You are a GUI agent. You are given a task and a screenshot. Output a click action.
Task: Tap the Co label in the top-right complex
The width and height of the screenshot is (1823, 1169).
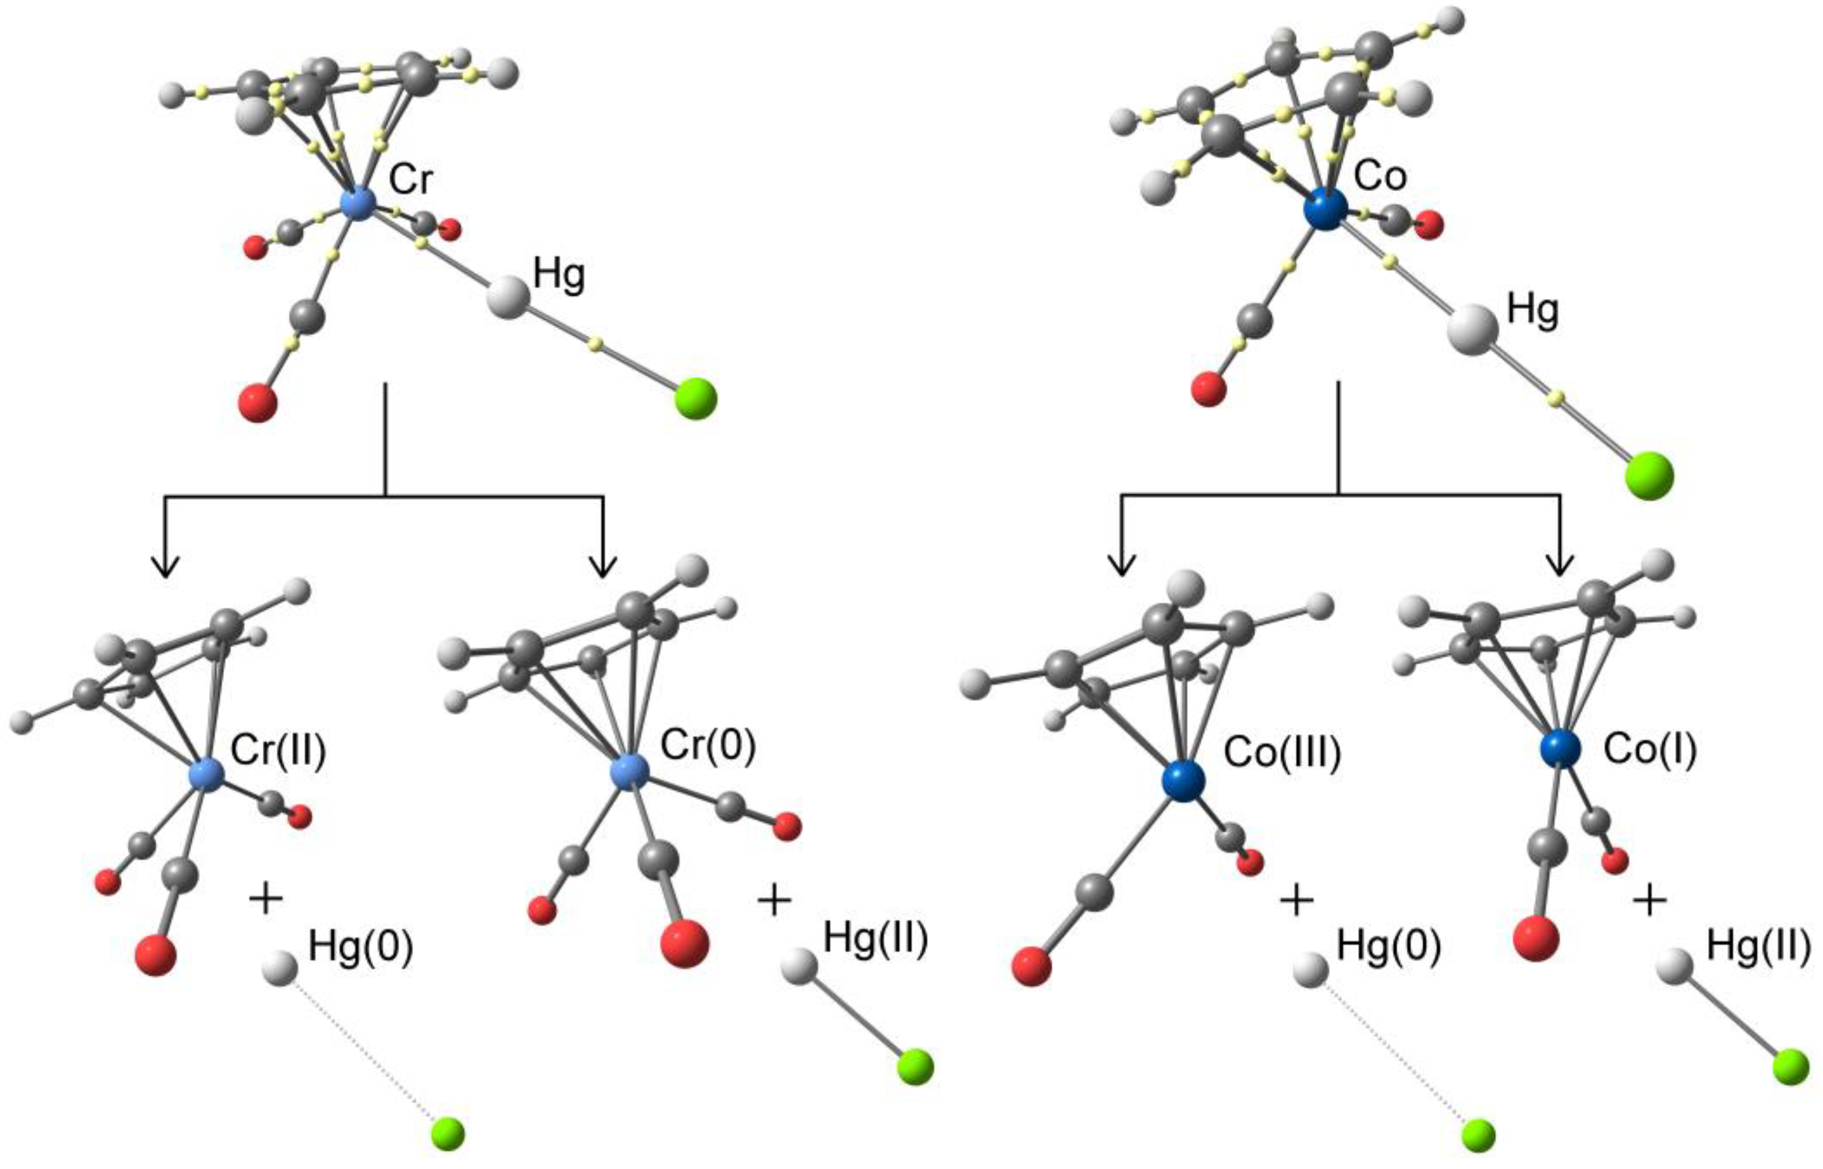tap(1380, 176)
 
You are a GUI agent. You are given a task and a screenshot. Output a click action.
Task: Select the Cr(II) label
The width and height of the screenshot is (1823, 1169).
tap(278, 751)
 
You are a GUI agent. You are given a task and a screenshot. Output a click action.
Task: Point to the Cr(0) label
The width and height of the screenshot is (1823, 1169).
tap(707, 746)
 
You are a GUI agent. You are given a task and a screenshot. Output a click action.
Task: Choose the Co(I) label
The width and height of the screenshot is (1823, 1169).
tap(1649, 750)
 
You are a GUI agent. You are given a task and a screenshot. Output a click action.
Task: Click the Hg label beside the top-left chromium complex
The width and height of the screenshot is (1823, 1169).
tap(560, 275)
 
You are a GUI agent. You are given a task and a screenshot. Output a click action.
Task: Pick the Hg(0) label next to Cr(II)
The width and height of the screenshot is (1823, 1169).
tap(360, 949)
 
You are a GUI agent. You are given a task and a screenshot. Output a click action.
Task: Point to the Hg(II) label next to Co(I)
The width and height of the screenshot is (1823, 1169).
tap(1758, 947)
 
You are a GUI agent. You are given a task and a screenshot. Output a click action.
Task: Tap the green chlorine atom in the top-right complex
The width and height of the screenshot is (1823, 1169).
tap(1649, 476)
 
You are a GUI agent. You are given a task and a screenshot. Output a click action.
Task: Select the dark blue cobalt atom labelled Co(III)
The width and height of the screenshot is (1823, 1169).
tap(1183, 781)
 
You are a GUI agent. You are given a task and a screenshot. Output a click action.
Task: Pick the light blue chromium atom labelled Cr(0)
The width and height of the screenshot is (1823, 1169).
tap(630, 771)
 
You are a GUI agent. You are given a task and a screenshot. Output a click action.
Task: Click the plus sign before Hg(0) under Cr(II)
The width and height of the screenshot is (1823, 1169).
tap(266, 899)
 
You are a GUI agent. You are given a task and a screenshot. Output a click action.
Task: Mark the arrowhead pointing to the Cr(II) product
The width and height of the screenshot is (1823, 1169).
tap(166, 566)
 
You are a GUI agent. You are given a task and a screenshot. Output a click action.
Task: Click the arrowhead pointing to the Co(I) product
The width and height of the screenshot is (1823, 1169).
tap(1560, 565)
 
